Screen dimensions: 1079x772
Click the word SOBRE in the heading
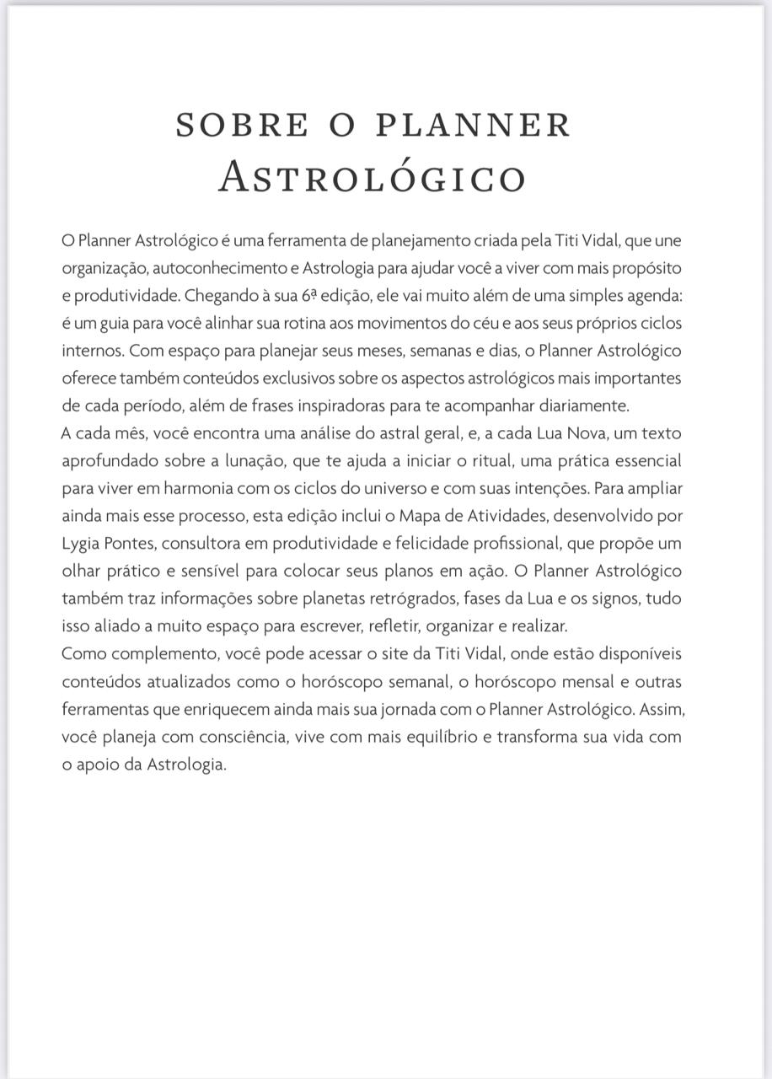[x=242, y=125]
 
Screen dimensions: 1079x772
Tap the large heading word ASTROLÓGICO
[x=372, y=177]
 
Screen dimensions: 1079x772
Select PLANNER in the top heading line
[x=474, y=125]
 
